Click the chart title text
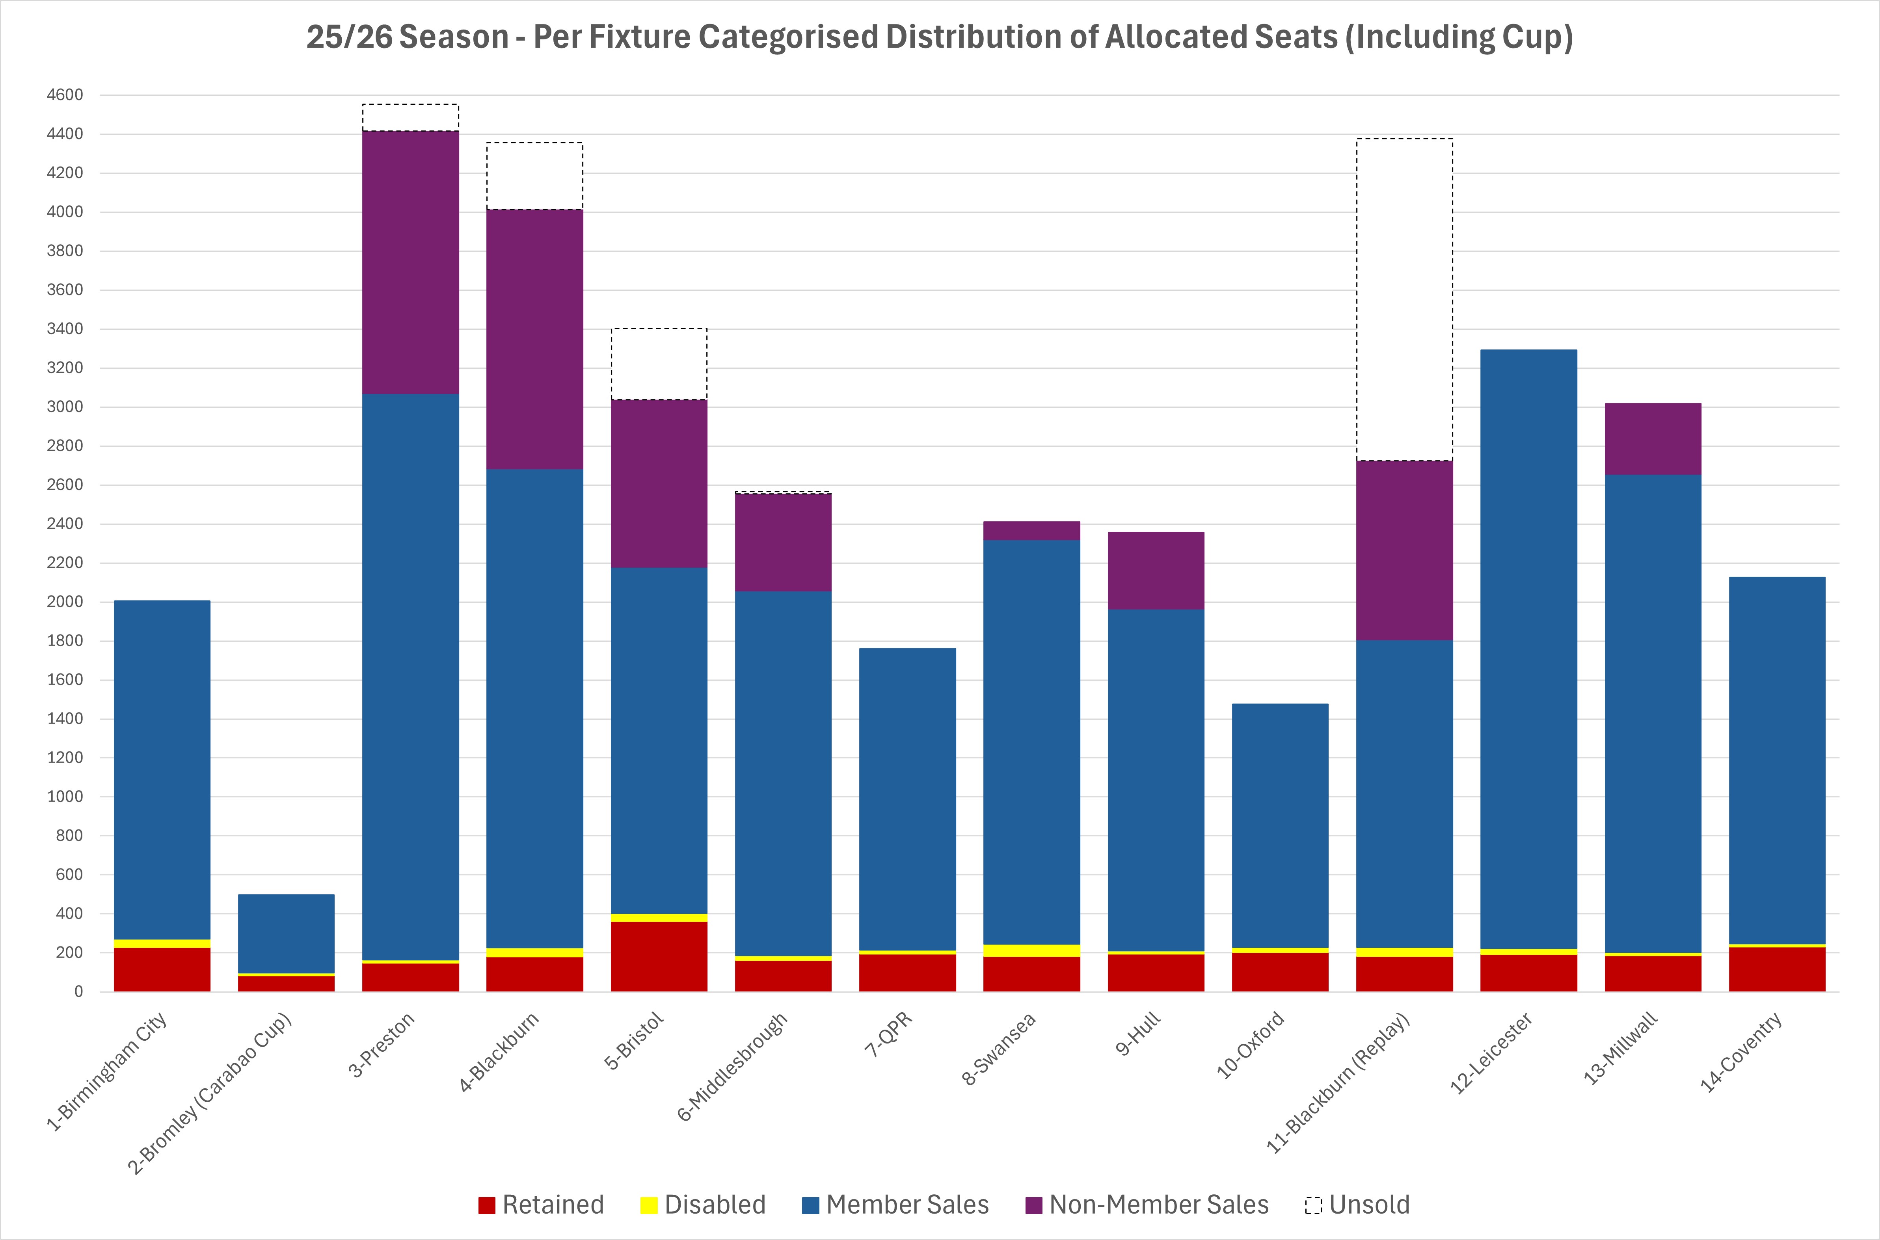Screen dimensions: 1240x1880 coord(939,37)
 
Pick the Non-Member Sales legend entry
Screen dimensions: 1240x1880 coord(1147,1205)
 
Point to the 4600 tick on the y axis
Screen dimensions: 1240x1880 coord(65,95)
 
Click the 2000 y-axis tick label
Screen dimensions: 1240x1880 coord(65,602)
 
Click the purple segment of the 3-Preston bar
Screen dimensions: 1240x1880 coord(411,263)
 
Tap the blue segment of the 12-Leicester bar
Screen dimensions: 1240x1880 coord(1529,648)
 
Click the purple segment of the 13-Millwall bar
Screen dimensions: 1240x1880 coord(1653,439)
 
